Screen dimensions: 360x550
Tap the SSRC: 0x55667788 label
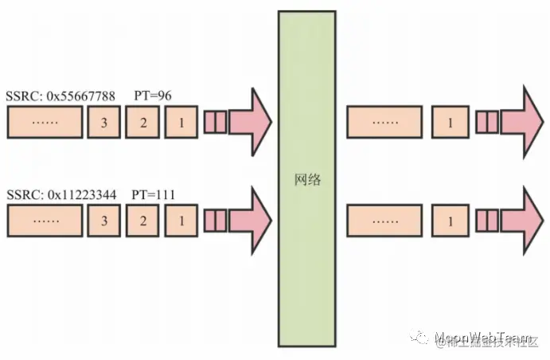(60, 96)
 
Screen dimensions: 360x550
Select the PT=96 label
(151, 96)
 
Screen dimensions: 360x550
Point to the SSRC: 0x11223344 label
(60, 194)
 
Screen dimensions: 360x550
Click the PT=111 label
(154, 194)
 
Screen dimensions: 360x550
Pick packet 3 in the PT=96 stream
(103, 123)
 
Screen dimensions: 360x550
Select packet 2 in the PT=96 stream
(142, 123)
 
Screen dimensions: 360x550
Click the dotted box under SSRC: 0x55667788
(45, 123)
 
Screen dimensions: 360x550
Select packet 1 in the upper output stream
(451, 123)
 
